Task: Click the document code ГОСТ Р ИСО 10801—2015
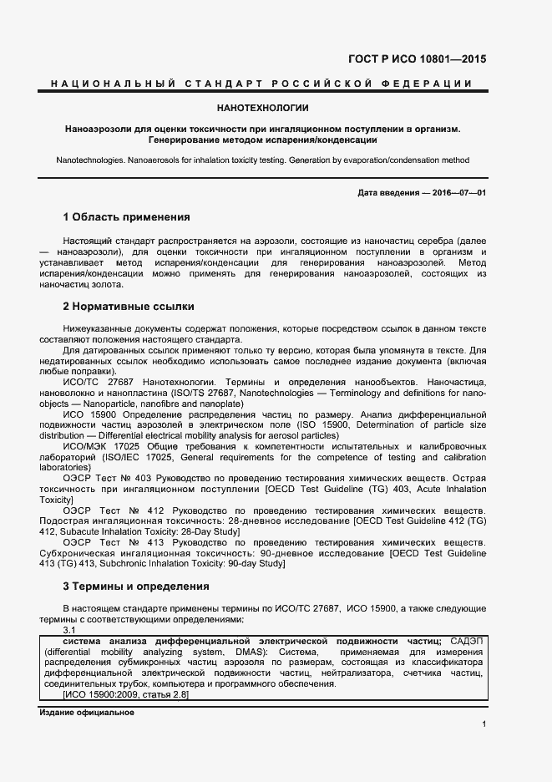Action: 417,59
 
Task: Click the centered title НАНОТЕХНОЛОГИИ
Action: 263,108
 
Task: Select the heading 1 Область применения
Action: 126,217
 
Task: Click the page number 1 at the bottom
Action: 484,724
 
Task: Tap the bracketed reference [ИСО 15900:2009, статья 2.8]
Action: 126,694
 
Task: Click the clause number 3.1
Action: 70,630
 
